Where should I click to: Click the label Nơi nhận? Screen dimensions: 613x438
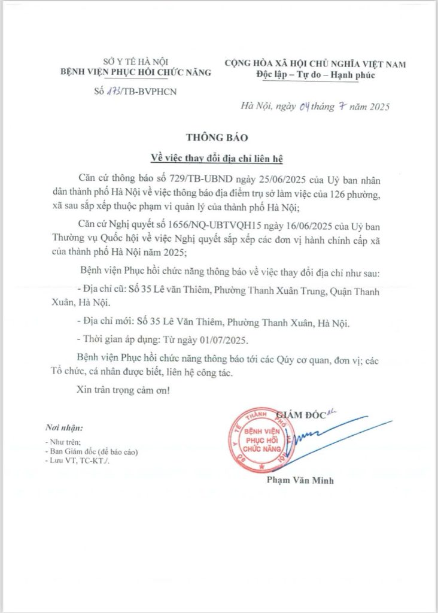click(64, 427)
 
